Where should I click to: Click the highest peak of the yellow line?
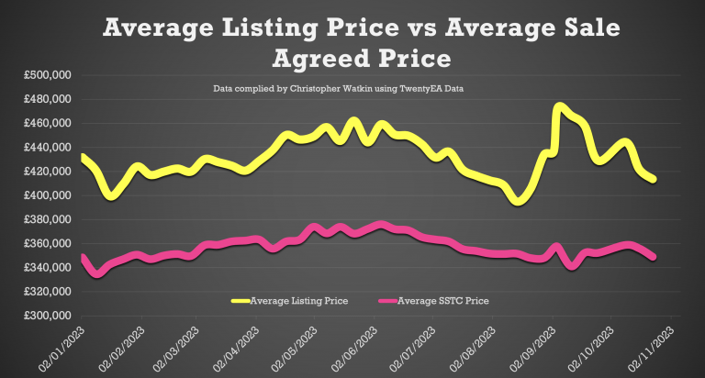(559, 106)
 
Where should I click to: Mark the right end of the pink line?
(654, 258)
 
